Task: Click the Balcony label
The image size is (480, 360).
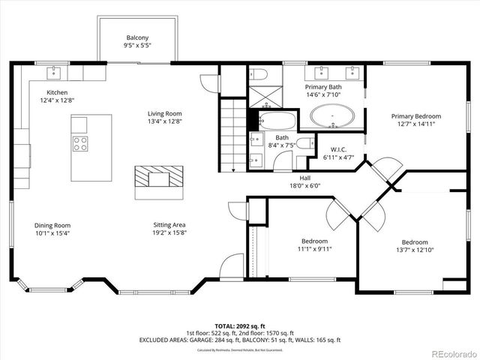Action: point(137,37)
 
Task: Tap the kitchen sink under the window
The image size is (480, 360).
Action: point(55,73)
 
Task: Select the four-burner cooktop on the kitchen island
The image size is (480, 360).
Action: point(80,143)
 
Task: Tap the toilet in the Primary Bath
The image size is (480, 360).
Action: point(258,73)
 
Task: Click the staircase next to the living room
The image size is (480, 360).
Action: point(235,135)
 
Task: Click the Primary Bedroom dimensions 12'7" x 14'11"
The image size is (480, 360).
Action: point(416,126)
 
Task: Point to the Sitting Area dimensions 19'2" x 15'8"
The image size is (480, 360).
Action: point(169,234)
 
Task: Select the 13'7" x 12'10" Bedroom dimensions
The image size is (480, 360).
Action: point(415,250)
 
